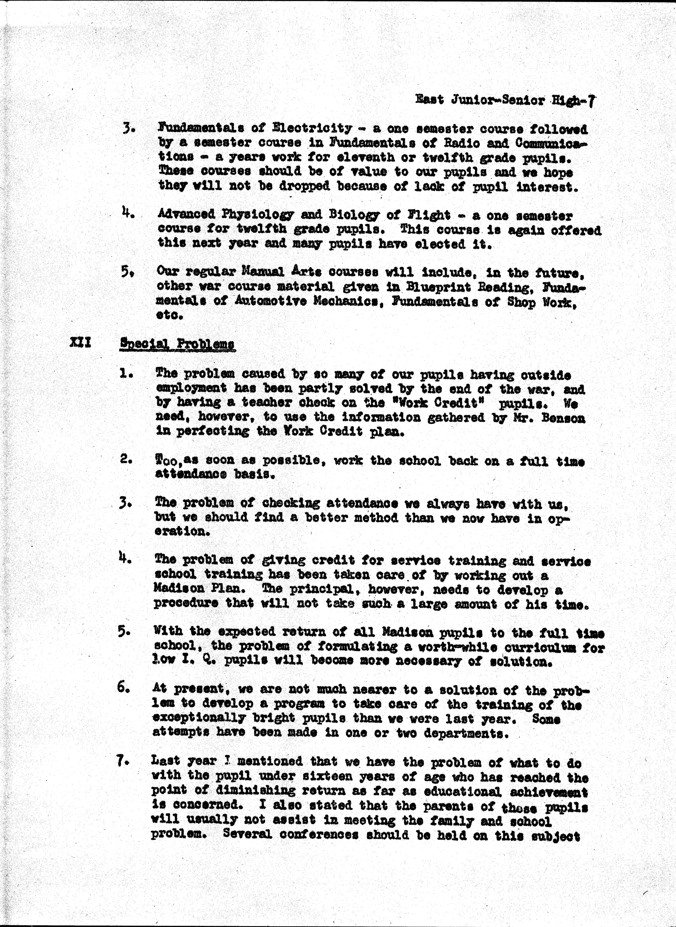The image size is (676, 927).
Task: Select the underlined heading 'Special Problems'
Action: (177, 344)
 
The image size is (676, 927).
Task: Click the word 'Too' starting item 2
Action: (168, 461)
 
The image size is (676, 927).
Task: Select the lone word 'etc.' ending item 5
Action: (169, 316)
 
